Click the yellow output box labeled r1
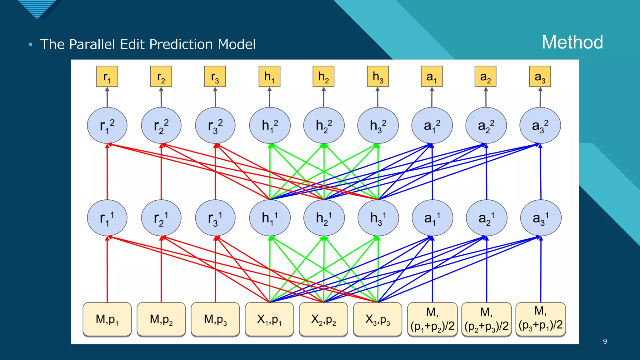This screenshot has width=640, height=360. point(107,76)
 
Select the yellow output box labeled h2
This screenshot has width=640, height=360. point(323,76)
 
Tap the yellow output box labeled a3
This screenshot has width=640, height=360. point(540,76)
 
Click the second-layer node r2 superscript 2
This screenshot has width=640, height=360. point(161,126)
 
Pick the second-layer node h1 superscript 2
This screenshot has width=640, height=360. point(270,126)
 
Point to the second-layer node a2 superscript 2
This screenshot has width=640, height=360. point(486,126)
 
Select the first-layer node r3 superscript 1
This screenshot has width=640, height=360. point(215,218)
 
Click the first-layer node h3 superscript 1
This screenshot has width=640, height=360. point(378,218)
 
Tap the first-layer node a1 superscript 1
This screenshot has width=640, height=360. point(432,218)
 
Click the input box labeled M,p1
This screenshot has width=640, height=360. point(107,319)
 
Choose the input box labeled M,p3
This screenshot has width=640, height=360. point(215,319)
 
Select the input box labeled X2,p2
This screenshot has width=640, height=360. point(323,319)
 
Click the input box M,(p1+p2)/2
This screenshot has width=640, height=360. point(432,319)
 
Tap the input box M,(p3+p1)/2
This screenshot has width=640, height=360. point(541,319)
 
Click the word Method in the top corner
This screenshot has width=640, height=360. point(572,42)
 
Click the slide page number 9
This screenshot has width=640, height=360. point(605,341)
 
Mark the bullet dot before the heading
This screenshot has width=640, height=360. point(30,44)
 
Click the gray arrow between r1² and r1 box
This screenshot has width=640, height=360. point(107,97)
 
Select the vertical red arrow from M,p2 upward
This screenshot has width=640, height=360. point(161,269)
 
